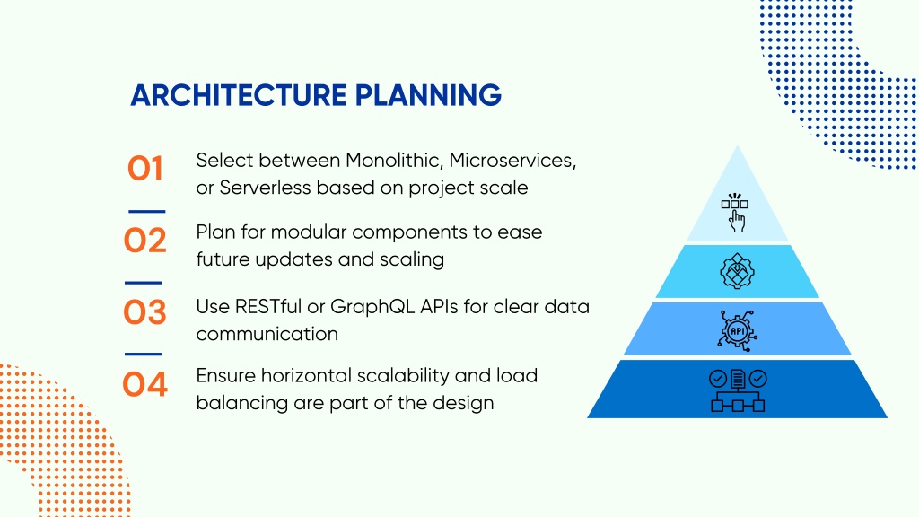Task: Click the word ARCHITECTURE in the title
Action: point(239,95)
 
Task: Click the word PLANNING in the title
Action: point(428,95)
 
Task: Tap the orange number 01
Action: point(144,168)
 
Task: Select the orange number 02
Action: point(144,241)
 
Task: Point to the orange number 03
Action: point(144,311)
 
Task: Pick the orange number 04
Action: point(144,384)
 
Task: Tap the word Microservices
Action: point(512,160)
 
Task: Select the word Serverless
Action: point(265,188)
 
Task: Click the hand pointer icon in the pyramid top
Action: point(735,212)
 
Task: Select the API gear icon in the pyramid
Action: point(738,331)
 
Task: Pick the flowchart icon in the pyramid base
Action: point(738,390)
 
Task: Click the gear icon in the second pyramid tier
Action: point(737,271)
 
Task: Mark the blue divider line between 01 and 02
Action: point(146,211)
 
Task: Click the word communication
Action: point(267,334)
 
